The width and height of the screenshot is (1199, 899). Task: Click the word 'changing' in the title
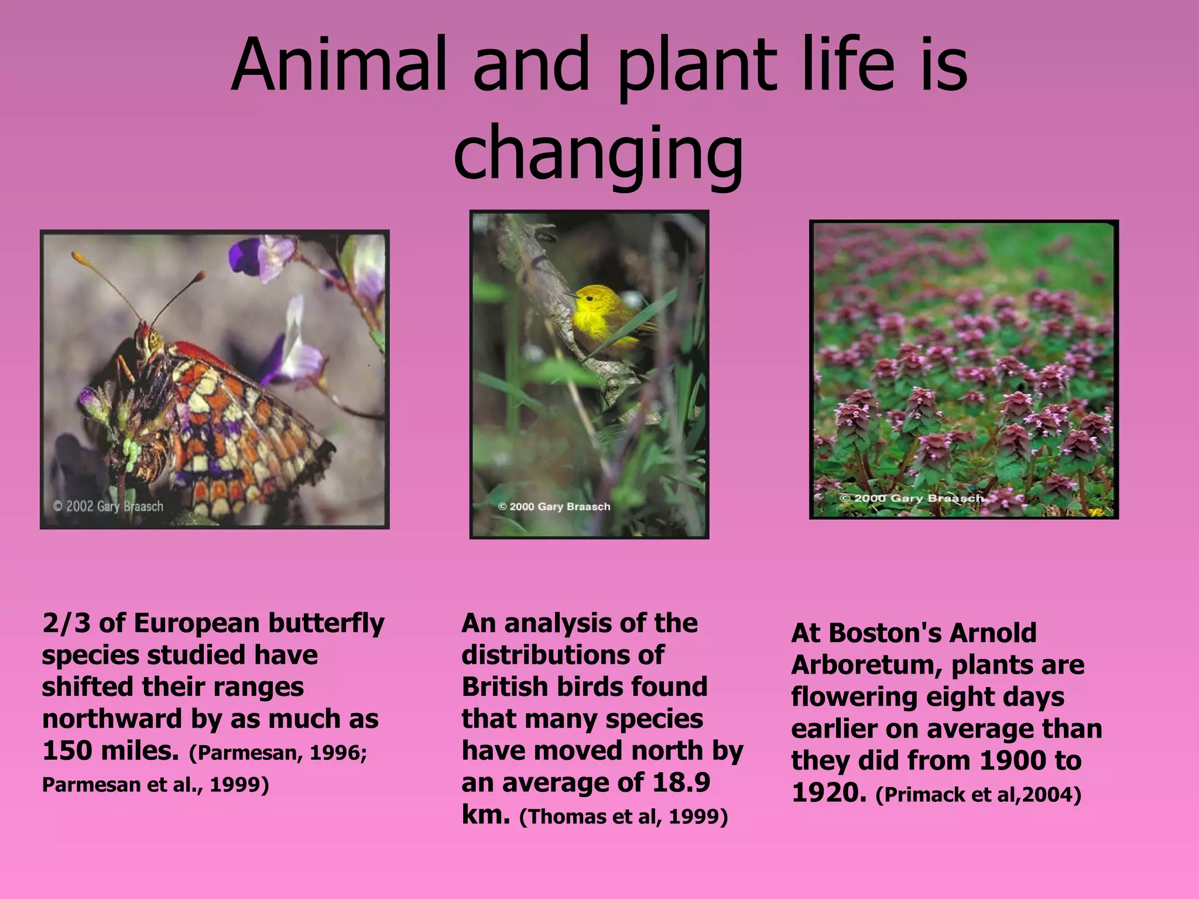(598, 154)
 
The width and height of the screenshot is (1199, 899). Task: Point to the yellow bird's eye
(590, 298)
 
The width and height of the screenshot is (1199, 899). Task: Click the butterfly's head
(150, 339)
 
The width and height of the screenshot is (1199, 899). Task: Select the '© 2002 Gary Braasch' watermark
(108, 506)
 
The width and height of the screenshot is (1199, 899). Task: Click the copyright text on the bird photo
(554, 507)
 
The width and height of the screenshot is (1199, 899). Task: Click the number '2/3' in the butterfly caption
(66, 623)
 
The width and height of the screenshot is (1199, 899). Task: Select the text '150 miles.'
(111, 751)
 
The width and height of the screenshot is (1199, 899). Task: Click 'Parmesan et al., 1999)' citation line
(155, 785)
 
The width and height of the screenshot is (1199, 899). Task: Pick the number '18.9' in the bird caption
(681, 783)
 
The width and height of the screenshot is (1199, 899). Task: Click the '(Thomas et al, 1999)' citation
(624, 816)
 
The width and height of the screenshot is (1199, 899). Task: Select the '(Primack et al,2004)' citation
(978, 795)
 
